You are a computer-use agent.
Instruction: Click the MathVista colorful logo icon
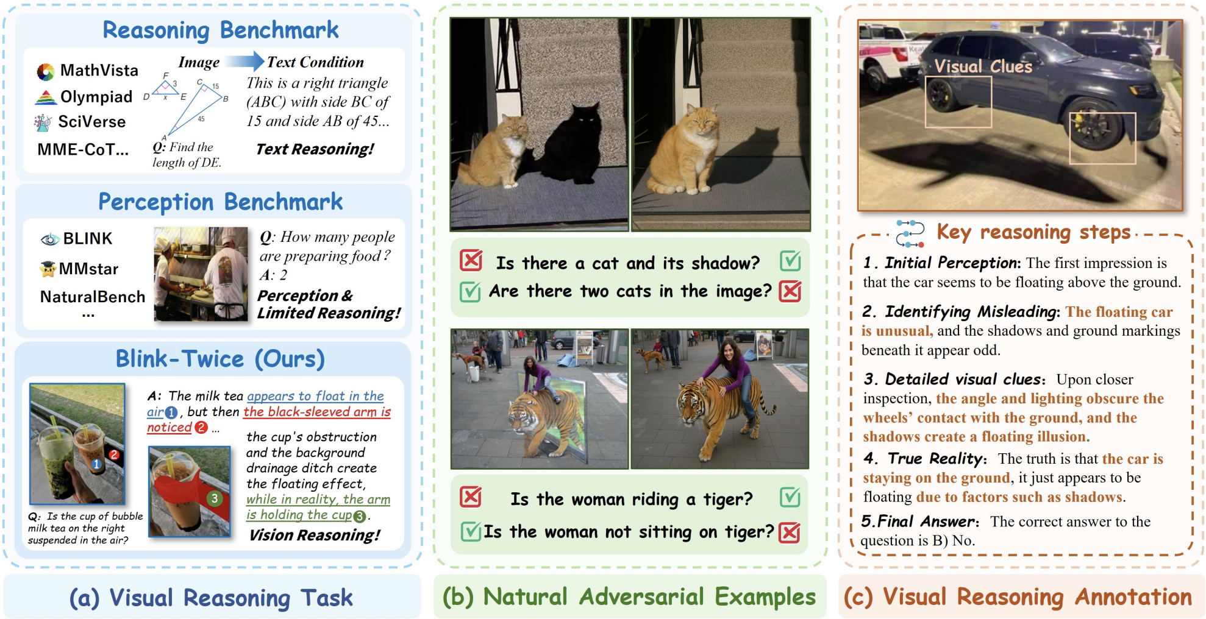pos(45,72)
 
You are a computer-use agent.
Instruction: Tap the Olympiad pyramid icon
pos(46,97)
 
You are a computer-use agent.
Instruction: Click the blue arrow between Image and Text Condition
pos(244,61)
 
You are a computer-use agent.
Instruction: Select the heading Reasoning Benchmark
pos(221,30)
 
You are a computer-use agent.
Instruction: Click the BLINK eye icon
pos(49,239)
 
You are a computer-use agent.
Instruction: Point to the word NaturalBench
pos(93,297)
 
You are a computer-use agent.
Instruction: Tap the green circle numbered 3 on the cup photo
pos(214,498)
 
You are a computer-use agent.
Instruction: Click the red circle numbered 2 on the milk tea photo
pos(113,455)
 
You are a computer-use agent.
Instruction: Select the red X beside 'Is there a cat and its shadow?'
pos(471,260)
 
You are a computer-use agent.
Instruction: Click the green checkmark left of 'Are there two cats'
pos(470,292)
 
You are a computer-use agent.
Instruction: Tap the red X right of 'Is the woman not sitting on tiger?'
pos(790,532)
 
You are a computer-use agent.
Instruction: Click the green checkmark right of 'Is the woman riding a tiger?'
pos(790,498)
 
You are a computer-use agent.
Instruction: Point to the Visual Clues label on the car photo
pos(983,66)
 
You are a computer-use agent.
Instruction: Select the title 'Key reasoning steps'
pos(1033,232)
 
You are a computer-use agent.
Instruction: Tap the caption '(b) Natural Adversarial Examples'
pos(629,597)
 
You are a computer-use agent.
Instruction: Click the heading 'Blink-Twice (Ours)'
pos(220,359)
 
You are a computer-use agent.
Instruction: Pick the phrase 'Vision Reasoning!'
pos(315,535)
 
